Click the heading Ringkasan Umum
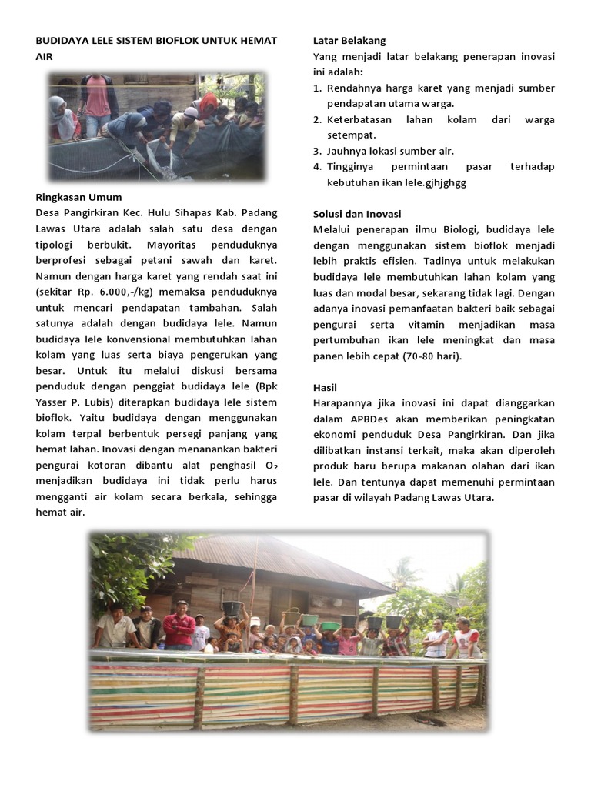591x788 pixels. (78, 198)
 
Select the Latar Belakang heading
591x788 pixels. (349, 41)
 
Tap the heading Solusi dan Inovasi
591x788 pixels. (357, 214)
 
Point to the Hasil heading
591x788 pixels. (326, 387)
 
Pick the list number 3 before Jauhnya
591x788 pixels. (317, 151)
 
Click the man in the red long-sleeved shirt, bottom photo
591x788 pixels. (179, 625)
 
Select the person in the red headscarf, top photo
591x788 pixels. (208, 105)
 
